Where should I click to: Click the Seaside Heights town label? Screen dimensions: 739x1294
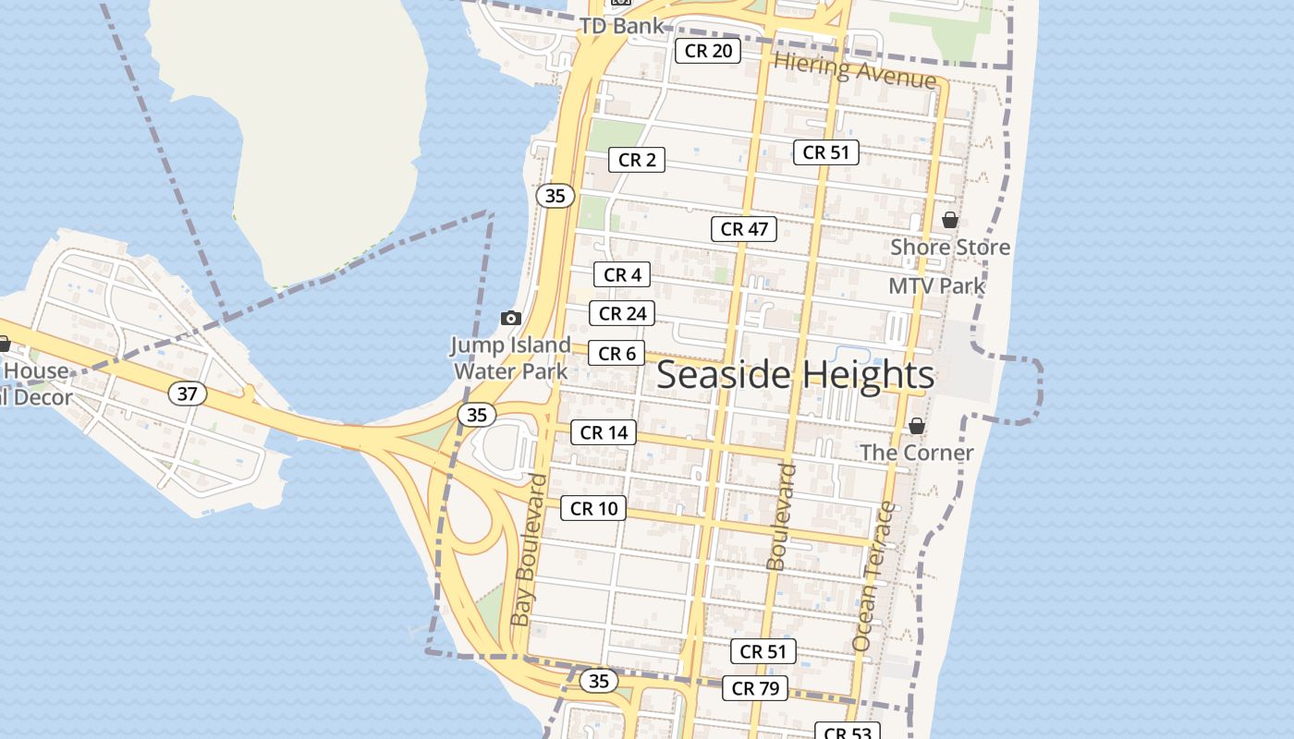[795, 375]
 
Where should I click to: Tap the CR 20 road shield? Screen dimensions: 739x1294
[708, 51]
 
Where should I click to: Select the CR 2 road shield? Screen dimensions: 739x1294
[637, 160]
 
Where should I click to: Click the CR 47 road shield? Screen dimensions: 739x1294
[744, 229]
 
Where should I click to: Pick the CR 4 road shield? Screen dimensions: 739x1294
[622, 274]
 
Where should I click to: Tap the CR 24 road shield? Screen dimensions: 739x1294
[622, 313]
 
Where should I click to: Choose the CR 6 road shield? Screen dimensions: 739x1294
[616, 353]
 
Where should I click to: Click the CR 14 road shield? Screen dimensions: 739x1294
[604, 432]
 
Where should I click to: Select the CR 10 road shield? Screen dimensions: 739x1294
[593, 508]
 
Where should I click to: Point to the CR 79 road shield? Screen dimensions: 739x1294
[755, 688]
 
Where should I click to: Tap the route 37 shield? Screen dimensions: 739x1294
[188, 394]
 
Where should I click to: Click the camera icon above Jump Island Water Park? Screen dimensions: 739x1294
[510, 318]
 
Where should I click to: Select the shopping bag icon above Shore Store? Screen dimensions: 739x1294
[949, 220]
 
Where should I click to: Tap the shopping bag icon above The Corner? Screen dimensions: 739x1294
[916, 426]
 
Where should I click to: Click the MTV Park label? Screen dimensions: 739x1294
[936, 285]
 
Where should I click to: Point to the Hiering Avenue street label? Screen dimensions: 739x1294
[855, 70]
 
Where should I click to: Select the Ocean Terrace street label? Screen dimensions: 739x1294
[873, 575]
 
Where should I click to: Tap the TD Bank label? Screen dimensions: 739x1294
[621, 26]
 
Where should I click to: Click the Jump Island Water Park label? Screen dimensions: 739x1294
[510, 358]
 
